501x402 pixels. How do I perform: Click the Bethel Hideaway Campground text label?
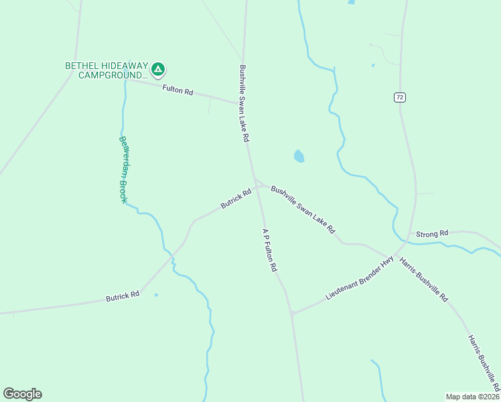click(x=106, y=70)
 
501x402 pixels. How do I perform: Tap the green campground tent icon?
click(x=158, y=68)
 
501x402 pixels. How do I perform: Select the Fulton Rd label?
click(x=177, y=90)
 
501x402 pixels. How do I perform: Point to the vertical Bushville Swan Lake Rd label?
click(x=244, y=103)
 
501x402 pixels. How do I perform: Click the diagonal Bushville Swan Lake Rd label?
click(x=303, y=209)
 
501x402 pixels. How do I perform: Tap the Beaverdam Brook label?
click(x=123, y=170)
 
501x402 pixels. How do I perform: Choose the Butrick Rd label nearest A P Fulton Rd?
click(x=236, y=198)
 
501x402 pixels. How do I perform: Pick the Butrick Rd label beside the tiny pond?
click(x=123, y=295)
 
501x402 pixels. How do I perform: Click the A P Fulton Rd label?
click(x=269, y=249)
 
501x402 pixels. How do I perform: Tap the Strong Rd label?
click(x=432, y=234)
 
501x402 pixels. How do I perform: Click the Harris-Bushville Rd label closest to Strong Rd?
click(x=423, y=279)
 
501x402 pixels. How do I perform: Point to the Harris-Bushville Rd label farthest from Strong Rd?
click(x=484, y=362)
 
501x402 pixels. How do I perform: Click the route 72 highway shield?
click(x=399, y=97)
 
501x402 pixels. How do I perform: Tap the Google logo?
click(x=22, y=394)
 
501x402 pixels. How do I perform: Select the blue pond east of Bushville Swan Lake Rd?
click(x=299, y=157)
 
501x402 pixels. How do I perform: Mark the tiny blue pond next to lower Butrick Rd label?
click(x=156, y=295)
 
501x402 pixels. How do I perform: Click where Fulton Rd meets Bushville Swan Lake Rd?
click(x=242, y=103)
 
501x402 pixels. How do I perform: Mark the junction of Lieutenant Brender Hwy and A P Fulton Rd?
click(x=291, y=314)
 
